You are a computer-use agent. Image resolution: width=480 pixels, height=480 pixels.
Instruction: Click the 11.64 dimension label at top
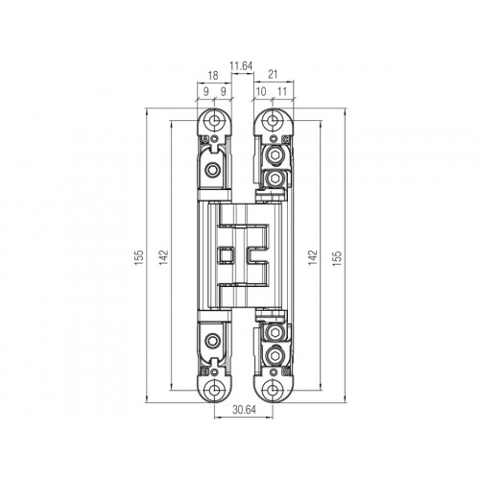(241, 66)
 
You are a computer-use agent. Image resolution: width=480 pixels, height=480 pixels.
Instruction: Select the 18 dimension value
(213, 76)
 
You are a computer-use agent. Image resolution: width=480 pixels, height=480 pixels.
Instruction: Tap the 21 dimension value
(273, 75)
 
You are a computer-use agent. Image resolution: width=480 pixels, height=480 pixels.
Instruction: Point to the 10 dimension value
(261, 91)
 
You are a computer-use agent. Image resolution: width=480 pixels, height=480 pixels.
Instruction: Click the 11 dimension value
(282, 91)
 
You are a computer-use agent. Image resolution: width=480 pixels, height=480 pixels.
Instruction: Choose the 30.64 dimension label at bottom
(244, 410)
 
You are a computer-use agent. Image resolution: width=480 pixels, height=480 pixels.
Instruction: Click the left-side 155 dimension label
(139, 257)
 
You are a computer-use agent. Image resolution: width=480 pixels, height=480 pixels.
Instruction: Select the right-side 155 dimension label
(337, 258)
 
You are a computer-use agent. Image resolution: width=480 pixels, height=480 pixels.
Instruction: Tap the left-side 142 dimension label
(163, 257)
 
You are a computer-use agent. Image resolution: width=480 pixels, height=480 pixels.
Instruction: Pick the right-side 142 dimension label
(313, 257)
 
